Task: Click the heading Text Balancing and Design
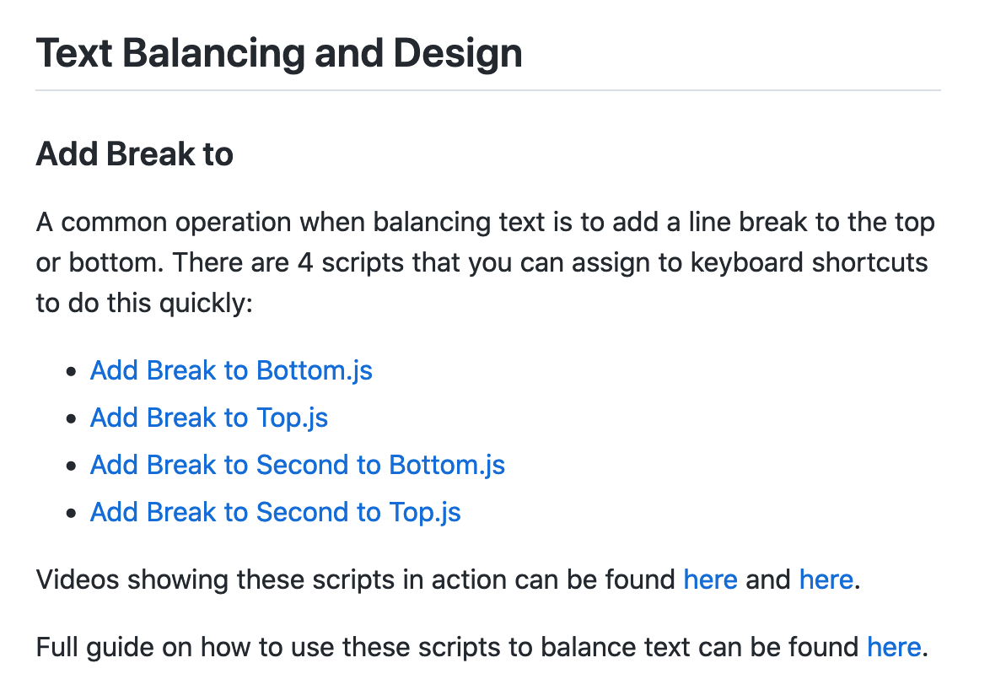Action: pyautogui.click(x=279, y=54)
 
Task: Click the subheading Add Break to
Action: pyautogui.click(x=134, y=154)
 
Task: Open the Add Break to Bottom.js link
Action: pyautogui.click(x=231, y=370)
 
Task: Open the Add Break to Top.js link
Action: pyautogui.click(x=209, y=418)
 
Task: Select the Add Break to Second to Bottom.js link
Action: pyautogui.click(x=298, y=466)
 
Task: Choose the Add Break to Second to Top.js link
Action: pyautogui.click(x=275, y=513)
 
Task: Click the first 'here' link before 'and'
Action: pyautogui.click(x=710, y=579)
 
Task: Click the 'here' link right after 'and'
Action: pyautogui.click(x=826, y=579)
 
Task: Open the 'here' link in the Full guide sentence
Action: pyautogui.click(x=894, y=647)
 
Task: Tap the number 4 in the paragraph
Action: pyautogui.click(x=305, y=262)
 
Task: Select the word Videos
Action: pyautogui.click(x=78, y=579)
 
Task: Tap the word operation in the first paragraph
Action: pyautogui.click(x=233, y=223)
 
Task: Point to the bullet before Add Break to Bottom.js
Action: pyautogui.click(x=72, y=371)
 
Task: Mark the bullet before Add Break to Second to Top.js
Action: pyautogui.click(x=72, y=513)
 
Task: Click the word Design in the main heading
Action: pyautogui.click(x=458, y=54)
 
